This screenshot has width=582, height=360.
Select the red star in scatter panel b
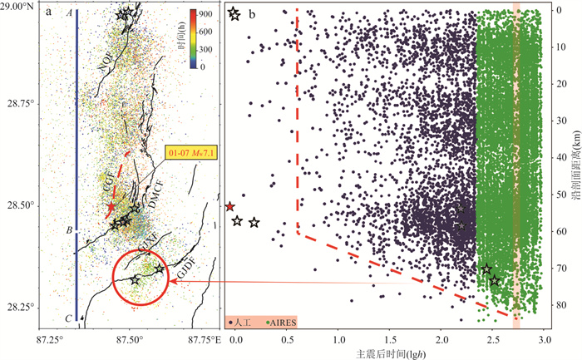tap(230, 206)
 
